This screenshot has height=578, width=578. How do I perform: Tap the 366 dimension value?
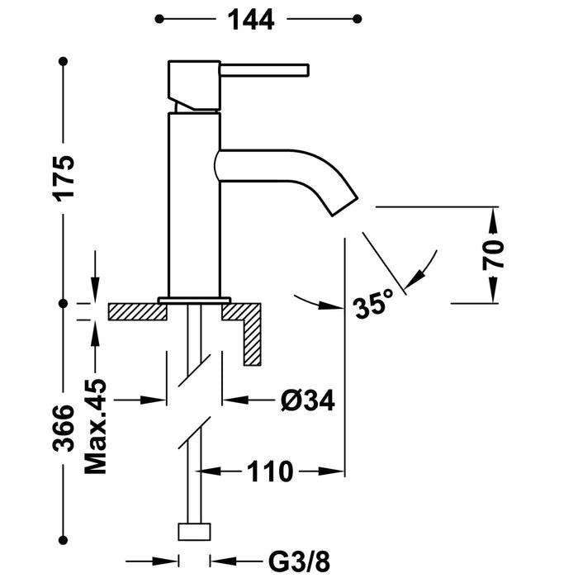[x=66, y=428]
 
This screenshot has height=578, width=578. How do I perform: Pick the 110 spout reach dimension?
[x=268, y=472]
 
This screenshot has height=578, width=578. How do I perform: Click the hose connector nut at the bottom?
[x=194, y=530]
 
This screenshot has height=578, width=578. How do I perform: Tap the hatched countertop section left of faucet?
[x=136, y=312]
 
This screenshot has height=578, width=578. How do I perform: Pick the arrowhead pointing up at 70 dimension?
[x=493, y=216]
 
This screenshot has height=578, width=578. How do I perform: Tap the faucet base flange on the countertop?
[x=194, y=299]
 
